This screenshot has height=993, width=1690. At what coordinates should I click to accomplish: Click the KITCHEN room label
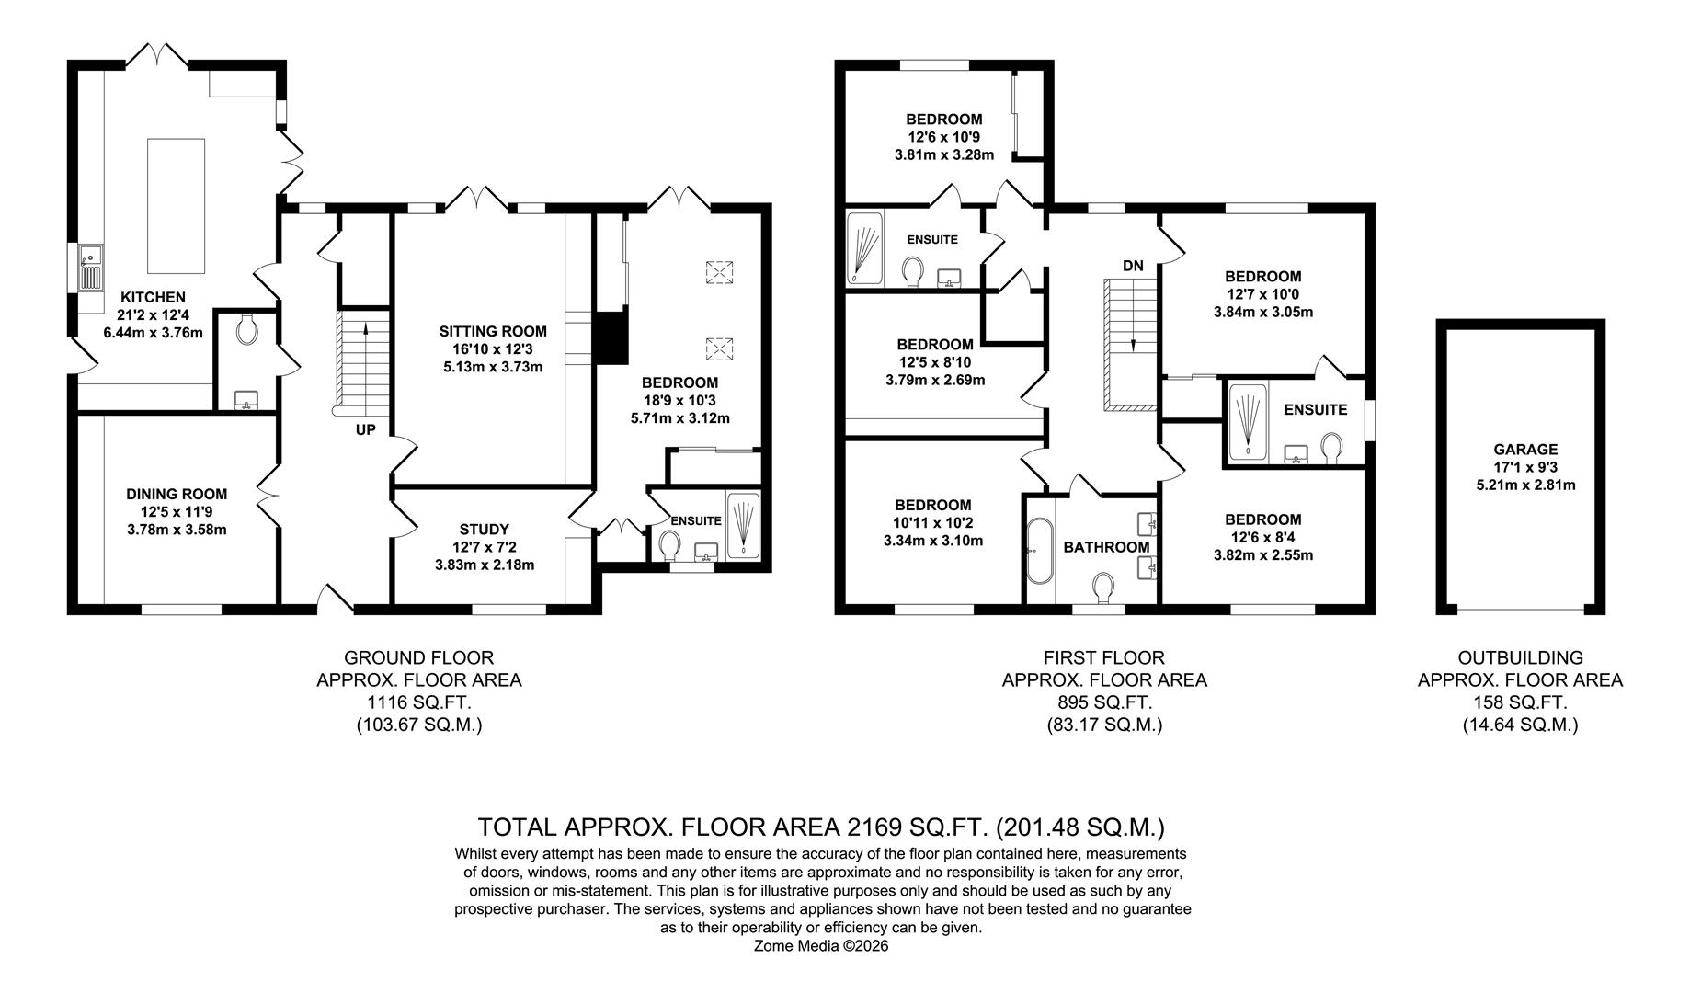[153, 297]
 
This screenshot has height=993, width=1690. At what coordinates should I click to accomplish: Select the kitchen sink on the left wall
[91, 267]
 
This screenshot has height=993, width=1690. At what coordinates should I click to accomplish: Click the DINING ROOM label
[177, 494]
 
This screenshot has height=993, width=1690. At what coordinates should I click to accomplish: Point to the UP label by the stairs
[365, 429]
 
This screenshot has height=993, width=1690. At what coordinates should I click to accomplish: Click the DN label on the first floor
[1133, 266]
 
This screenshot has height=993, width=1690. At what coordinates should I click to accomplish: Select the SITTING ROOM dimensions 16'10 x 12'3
[493, 349]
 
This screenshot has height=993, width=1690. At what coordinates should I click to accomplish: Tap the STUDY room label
[484, 529]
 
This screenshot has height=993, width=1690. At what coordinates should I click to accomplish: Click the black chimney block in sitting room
[610, 337]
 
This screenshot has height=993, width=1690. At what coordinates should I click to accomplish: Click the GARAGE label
[1525, 450]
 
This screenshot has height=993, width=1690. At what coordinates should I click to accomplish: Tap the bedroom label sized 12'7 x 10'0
[1262, 276]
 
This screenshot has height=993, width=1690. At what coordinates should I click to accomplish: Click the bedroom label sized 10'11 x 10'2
[932, 505]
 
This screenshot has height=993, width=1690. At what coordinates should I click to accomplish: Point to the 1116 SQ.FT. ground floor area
[418, 702]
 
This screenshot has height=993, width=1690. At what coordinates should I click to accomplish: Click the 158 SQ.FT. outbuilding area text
[1520, 702]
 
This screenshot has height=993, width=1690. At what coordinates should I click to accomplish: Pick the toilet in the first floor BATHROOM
[1104, 584]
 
